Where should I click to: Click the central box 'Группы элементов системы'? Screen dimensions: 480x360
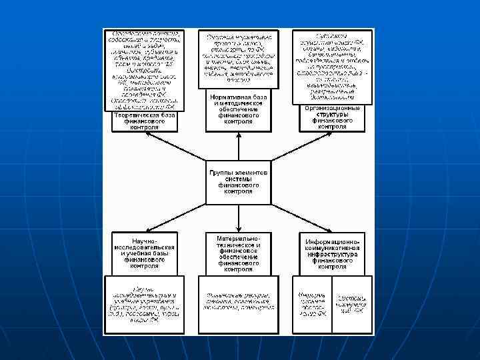pyautogui.click(x=239, y=181)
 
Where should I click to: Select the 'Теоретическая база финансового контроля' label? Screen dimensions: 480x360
pyautogui.click(x=145, y=121)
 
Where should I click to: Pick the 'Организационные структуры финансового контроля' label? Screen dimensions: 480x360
pyautogui.click(x=332, y=117)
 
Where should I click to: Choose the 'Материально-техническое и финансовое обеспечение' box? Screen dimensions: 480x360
pyautogui.click(x=239, y=253)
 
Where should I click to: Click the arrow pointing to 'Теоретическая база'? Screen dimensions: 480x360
pyautogui.click(x=175, y=146)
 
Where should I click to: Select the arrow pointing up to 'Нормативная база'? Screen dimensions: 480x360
pyautogui.click(x=239, y=143)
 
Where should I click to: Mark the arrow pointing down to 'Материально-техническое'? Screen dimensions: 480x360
pyautogui.click(x=239, y=217)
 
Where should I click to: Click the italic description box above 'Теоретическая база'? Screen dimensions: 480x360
pyautogui.click(x=144, y=69)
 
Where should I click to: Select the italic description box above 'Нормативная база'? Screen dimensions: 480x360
pyautogui.click(x=239, y=59)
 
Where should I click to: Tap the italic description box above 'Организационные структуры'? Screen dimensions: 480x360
pyautogui.click(x=332, y=66)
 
